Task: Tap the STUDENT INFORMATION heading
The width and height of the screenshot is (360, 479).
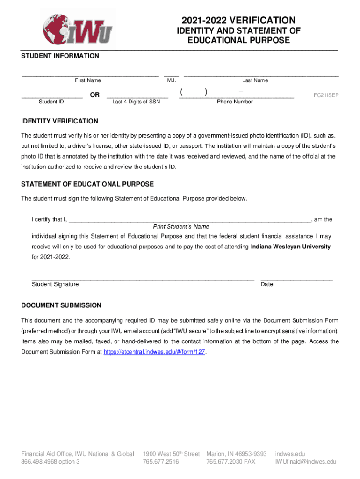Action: [60, 56]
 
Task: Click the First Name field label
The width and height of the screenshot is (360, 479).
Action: [88, 80]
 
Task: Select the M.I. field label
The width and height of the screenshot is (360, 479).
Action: [171, 80]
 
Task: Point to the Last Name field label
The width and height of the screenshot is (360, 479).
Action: [255, 80]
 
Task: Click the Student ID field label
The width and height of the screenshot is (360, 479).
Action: [51, 102]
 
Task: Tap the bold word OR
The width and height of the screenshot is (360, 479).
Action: [94, 95]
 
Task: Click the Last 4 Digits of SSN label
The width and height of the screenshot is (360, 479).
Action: [136, 102]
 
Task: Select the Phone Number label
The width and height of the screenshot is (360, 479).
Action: [235, 102]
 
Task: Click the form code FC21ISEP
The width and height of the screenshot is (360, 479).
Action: [326, 95]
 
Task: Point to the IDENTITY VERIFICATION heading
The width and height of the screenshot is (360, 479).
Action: [60, 121]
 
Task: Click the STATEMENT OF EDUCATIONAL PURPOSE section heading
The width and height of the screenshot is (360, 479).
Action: [87, 184]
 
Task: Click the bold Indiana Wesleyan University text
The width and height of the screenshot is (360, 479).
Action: [290, 247]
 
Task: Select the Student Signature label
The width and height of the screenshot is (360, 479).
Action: [55, 284]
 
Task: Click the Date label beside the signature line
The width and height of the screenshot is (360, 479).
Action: [267, 284]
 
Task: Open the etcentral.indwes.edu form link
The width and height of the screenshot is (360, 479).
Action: [154, 352]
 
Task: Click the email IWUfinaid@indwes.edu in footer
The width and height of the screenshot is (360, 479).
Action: [306, 462]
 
